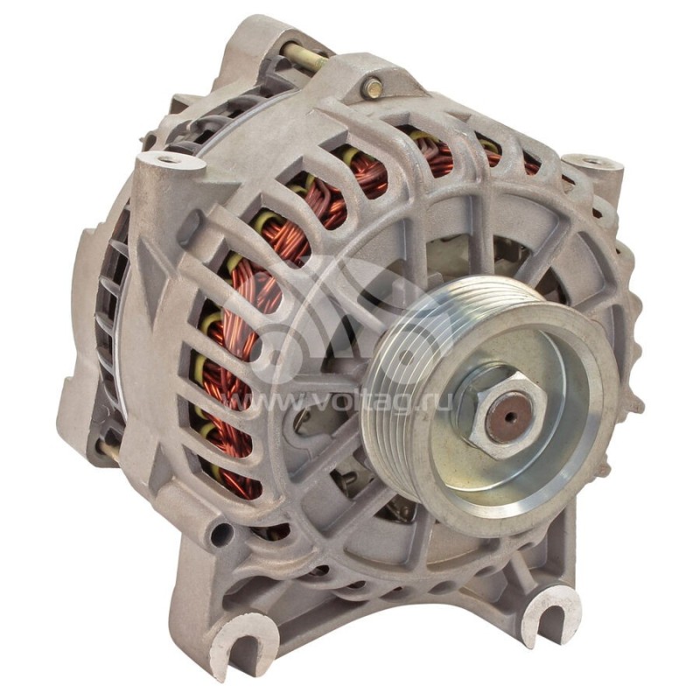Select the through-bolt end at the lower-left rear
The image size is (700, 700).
coord(109,451)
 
